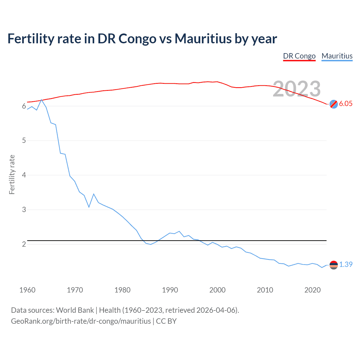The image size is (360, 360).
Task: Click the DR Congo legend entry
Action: [299, 56]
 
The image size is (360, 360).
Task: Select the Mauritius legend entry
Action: [337, 56]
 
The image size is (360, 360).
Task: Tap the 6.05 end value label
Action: [346, 103]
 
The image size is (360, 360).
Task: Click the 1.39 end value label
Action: [346, 264]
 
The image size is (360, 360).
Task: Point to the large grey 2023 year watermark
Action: [297, 89]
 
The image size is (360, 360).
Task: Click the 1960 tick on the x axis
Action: [27, 290]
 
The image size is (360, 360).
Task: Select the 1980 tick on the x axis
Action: [122, 290]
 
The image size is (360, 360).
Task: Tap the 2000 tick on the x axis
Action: [217, 290]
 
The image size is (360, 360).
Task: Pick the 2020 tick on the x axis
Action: [312, 290]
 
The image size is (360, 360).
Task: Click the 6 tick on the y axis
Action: [24, 106]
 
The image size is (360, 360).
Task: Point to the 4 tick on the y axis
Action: [24, 175]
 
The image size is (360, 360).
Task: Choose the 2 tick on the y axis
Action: [24, 244]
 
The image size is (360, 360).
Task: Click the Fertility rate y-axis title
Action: [12, 174]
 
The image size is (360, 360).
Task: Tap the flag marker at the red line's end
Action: [334, 104]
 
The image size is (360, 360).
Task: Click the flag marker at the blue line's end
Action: [334, 265]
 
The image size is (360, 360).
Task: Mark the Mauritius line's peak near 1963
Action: [42, 100]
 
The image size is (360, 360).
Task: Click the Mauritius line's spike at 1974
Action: [94, 194]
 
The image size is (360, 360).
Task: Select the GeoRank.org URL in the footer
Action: [81, 321]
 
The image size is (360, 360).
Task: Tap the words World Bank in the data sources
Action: [75, 310]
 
